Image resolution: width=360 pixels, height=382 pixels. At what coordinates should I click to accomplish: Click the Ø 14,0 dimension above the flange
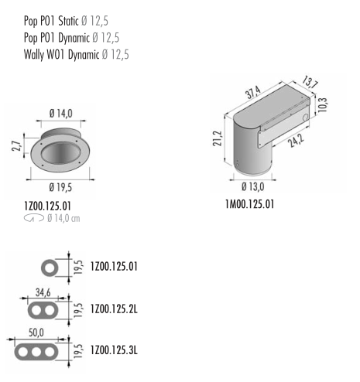[x=61, y=114]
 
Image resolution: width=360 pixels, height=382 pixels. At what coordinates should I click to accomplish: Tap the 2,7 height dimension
[x=15, y=146]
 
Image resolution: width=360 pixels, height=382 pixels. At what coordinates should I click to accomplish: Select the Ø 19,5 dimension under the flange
[x=60, y=187]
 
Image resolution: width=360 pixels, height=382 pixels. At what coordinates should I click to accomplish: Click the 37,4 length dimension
[x=253, y=92]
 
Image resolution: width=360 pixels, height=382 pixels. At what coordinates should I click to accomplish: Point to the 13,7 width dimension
[x=310, y=82]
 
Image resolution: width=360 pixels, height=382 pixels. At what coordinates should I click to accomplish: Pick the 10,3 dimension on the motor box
[x=323, y=104]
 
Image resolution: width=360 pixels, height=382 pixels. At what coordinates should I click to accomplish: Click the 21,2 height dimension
[x=218, y=138]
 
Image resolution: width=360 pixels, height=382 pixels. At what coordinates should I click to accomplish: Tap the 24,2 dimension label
[x=296, y=141]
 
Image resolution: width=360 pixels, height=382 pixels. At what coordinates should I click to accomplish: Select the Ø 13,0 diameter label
[x=253, y=186]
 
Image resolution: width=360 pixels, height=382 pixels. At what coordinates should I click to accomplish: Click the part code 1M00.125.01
[x=249, y=204]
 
